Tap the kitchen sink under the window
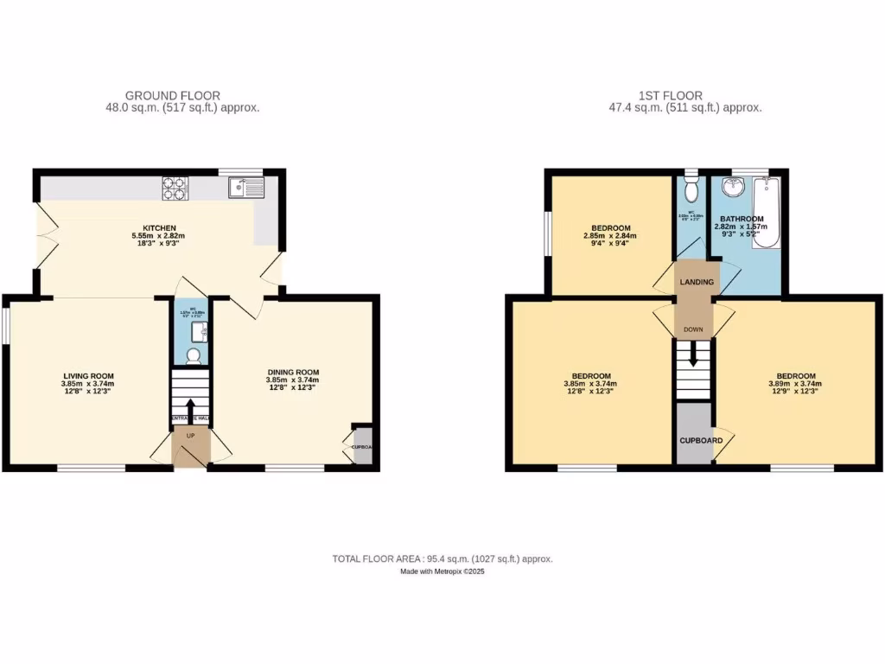(247, 188)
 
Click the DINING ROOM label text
(293, 372)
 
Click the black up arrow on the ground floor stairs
(190, 407)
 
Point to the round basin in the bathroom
(734, 187)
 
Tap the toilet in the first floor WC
(691, 189)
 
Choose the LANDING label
(697, 282)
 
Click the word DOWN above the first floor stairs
(694, 329)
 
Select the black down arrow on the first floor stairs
(693, 358)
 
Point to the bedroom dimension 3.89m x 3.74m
(794, 384)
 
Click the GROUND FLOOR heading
(173, 95)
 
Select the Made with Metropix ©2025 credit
(442, 572)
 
